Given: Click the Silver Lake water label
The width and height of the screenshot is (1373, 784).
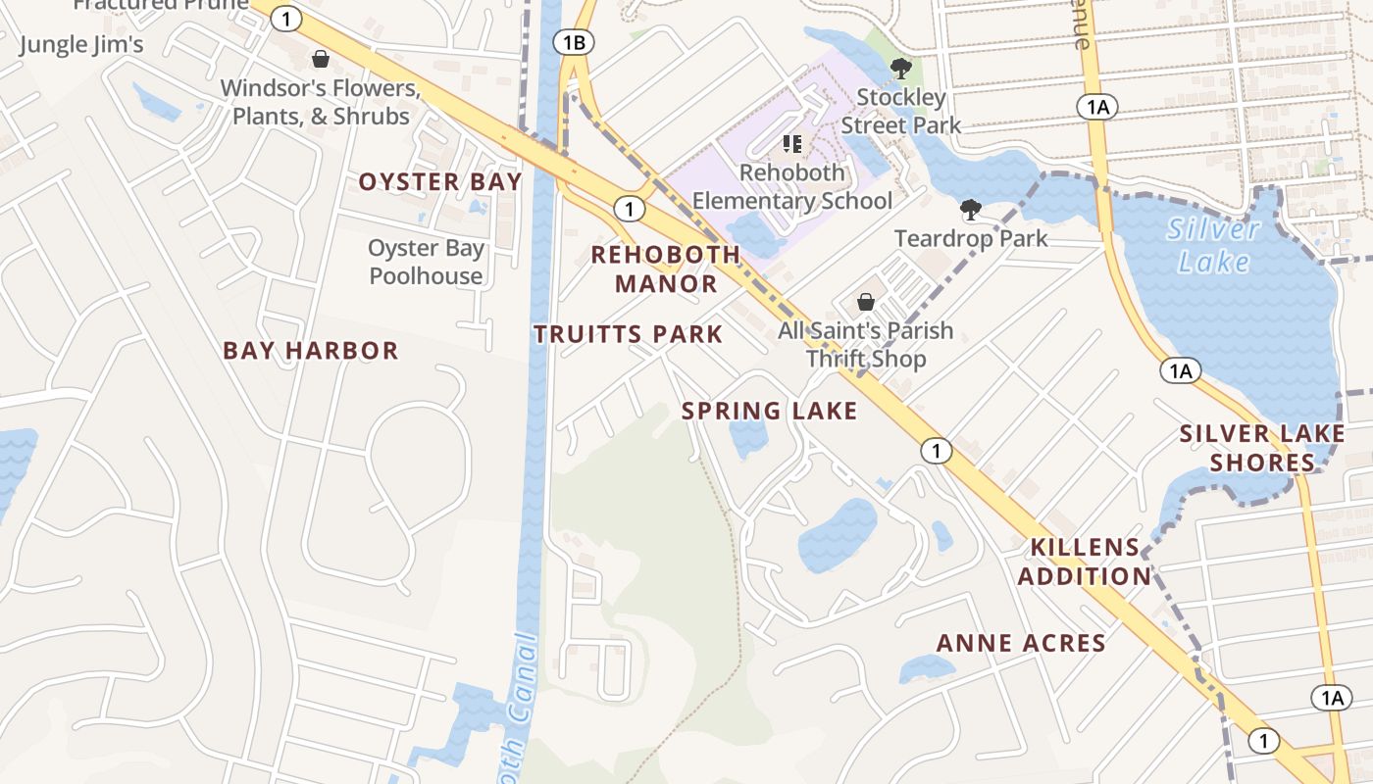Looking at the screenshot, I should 1214,245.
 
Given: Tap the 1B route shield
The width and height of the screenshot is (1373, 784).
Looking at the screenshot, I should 574,42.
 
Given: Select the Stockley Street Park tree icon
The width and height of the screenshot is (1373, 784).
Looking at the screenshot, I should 900,69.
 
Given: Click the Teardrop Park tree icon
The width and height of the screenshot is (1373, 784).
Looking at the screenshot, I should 970,210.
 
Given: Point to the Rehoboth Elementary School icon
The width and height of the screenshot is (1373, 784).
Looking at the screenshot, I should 792,145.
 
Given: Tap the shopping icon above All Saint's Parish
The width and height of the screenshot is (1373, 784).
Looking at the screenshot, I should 866,302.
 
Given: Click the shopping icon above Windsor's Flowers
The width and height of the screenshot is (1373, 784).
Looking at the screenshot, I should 320,60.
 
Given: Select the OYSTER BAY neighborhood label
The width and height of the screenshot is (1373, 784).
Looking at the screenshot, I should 439,182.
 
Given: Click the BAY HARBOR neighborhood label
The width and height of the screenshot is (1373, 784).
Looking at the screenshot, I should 310,351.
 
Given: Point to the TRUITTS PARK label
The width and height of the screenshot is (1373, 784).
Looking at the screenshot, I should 628,334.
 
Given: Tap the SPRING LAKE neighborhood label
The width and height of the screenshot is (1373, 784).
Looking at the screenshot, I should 769,411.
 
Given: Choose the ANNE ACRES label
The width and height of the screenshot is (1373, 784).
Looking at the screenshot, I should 1021,644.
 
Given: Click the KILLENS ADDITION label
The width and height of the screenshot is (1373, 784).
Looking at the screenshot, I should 1085,562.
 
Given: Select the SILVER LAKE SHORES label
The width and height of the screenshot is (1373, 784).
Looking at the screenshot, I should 1261,448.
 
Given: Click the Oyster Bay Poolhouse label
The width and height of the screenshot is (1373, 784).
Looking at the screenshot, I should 427,262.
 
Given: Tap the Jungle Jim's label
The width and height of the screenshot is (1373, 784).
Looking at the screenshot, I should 81,44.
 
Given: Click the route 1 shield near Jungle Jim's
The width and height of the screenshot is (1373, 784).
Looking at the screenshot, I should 285,18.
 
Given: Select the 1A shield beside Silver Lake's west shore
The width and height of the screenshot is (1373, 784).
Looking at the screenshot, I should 1180,370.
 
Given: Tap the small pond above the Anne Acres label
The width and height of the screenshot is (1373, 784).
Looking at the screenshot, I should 926,668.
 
